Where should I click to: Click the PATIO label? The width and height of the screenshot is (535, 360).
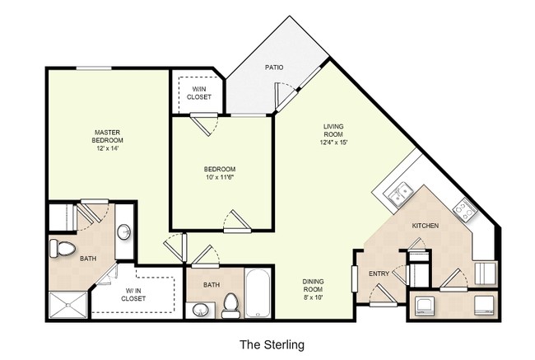point(274,67)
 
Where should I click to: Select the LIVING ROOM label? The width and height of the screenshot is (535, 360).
point(333,131)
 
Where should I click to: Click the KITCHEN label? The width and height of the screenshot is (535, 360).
point(425,225)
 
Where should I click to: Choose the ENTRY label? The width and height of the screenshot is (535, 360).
point(379,274)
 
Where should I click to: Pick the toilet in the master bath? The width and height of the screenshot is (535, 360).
point(63,247)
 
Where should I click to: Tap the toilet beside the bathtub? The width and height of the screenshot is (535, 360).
point(230,305)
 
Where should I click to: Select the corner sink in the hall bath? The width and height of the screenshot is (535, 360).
point(198,310)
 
